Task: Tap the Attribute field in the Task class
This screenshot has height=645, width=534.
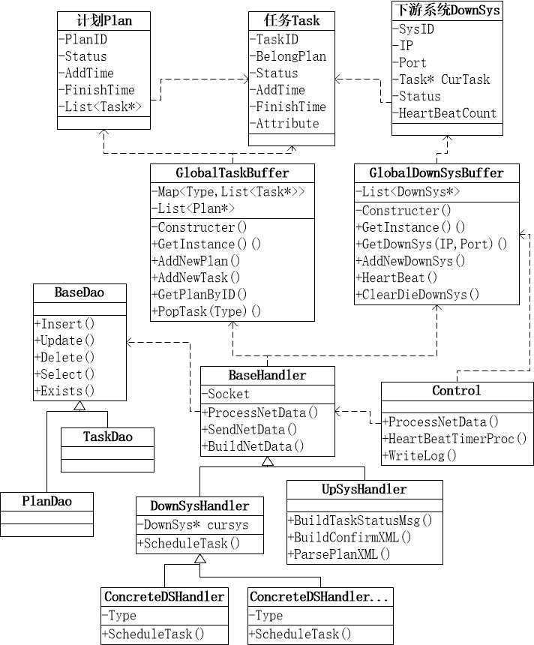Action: click(287, 124)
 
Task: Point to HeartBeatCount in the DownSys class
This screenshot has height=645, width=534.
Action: click(447, 113)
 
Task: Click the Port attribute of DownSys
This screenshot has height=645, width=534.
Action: click(412, 63)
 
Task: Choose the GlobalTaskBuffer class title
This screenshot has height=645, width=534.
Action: click(232, 172)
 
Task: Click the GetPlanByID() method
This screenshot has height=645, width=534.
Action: click(202, 294)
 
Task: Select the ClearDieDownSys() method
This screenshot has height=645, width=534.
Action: click(419, 294)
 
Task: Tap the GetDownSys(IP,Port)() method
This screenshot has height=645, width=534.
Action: click(433, 244)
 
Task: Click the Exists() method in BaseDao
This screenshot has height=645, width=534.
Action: click(66, 391)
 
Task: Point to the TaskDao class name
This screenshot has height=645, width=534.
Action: click(107, 436)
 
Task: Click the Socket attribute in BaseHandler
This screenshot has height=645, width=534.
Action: click(229, 394)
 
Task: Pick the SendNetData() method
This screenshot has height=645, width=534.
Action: click(251, 429)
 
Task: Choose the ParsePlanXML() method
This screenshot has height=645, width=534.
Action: click(342, 554)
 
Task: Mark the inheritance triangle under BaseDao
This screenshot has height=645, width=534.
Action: click(79, 405)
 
